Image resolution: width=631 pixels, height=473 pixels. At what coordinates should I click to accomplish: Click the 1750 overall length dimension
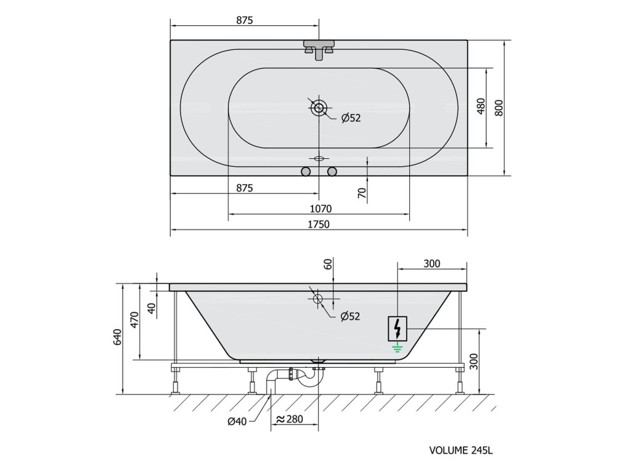(319, 224)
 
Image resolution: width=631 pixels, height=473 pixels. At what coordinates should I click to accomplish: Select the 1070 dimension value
(320, 209)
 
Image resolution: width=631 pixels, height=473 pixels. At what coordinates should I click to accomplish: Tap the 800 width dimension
(499, 108)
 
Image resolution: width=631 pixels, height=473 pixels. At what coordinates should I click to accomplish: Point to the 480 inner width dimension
(481, 107)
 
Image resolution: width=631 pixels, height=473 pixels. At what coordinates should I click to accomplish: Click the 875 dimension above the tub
(244, 20)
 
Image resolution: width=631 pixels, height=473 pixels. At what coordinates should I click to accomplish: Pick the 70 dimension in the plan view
(362, 193)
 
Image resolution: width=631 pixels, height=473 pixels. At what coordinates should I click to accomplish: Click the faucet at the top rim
(319, 49)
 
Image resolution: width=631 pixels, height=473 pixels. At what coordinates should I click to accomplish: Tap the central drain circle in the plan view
(319, 108)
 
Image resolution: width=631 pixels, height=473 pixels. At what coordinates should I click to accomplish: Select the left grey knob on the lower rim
(306, 172)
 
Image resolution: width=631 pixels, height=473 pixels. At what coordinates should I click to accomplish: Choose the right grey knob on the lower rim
(332, 172)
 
